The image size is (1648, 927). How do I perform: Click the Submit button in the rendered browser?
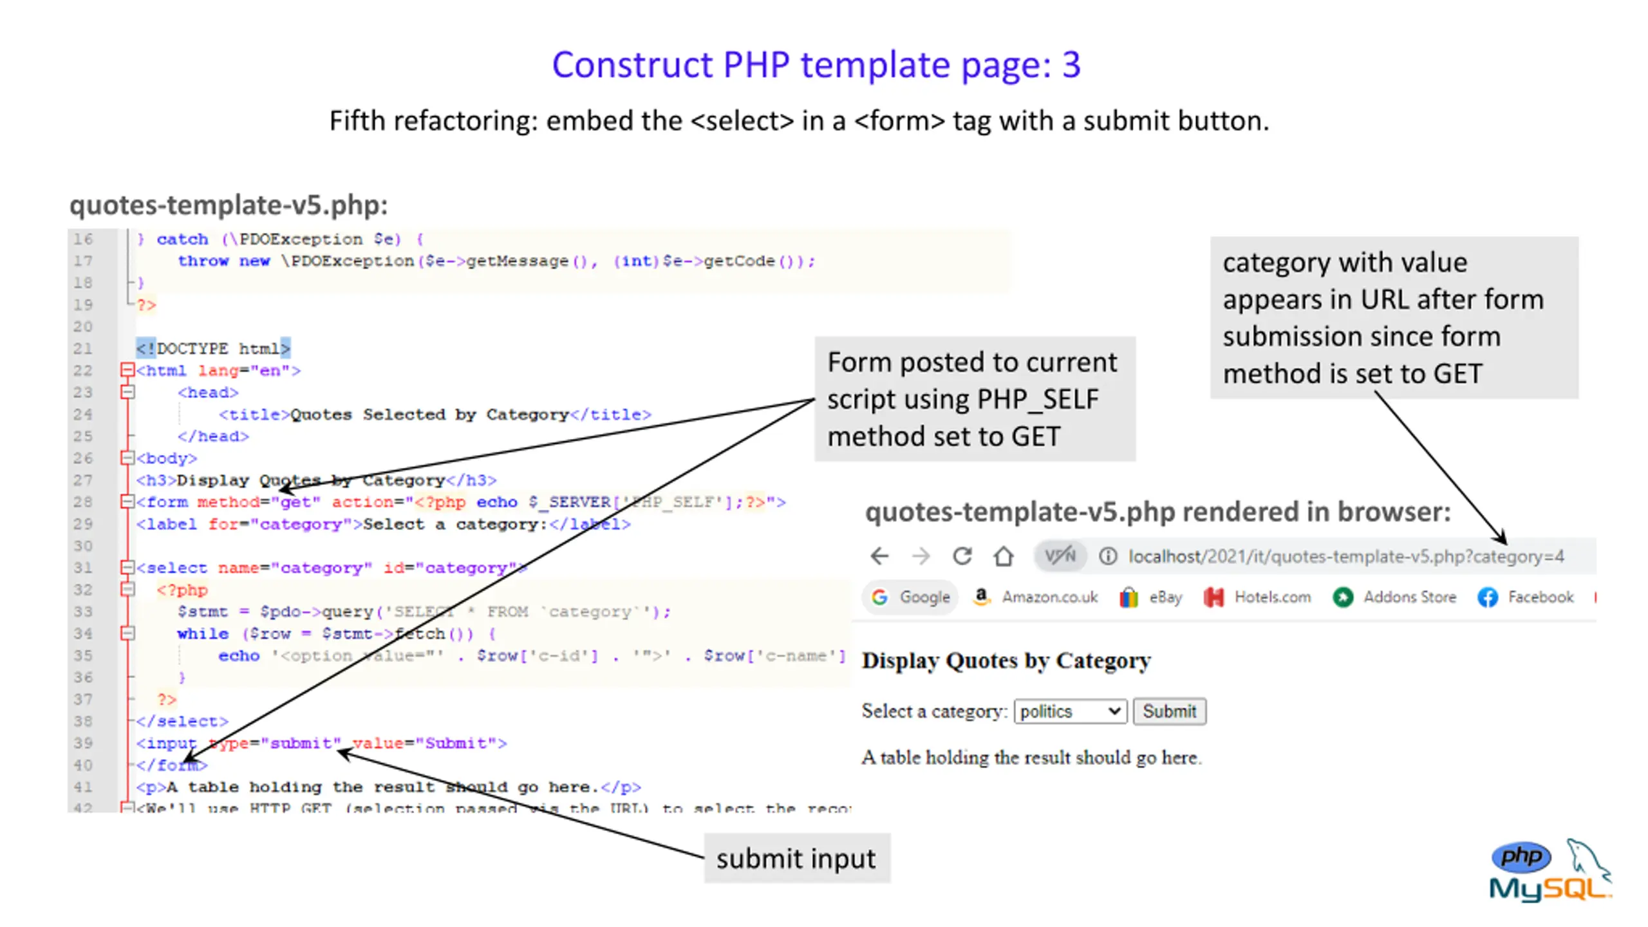(1169, 711)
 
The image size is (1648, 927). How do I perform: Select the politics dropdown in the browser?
(1070, 711)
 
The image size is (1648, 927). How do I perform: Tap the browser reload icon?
(962, 556)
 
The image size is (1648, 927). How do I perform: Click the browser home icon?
(1003, 556)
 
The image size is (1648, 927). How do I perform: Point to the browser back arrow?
(879, 556)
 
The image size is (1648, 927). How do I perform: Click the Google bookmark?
(911, 597)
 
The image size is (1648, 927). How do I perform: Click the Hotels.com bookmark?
(1257, 597)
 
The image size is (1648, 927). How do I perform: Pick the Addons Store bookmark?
(1395, 597)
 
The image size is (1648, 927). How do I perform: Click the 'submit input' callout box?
(796, 858)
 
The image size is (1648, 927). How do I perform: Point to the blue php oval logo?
(1521, 856)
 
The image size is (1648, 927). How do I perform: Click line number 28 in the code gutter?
(83, 502)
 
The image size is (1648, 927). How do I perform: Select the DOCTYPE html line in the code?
(213, 348)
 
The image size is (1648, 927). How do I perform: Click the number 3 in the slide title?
(1071, 64)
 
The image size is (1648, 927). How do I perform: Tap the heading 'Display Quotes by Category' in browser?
(1006, 660)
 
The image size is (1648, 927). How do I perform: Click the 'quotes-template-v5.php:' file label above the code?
(229, 205)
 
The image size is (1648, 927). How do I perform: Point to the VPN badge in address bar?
(1060, 556)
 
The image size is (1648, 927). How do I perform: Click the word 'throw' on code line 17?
(203, 261)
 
